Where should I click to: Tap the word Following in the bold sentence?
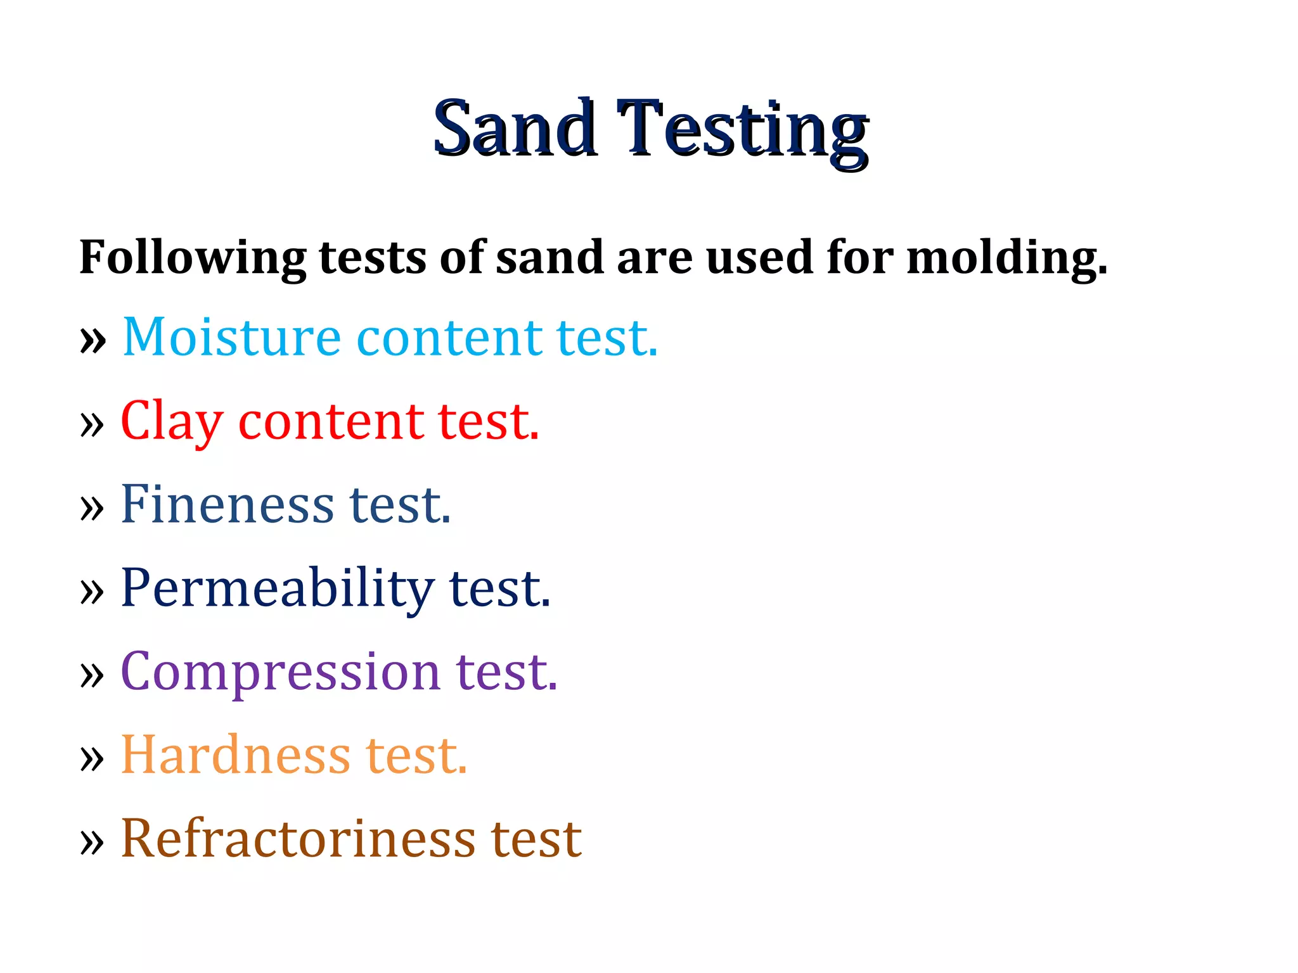point(192,258)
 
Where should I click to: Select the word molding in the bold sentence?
point(1006,258)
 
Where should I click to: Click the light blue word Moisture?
point(232,337)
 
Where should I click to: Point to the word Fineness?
point(227,505)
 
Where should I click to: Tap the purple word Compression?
point(280,672)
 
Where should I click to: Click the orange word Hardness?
point(235,755)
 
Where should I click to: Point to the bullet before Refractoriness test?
point(93,843)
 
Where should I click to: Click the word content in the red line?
point(331,422)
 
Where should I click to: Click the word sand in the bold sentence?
point(549,258)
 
